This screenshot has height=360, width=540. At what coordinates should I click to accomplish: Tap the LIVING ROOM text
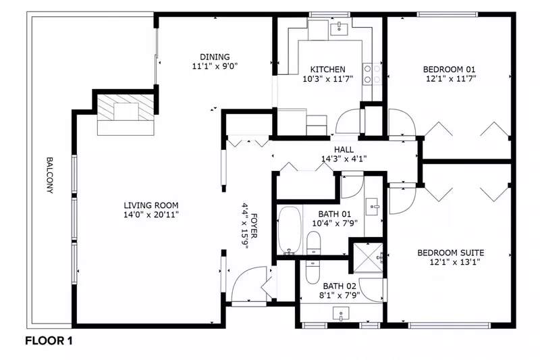[151, 205]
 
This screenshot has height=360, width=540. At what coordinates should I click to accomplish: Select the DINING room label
[215, 57]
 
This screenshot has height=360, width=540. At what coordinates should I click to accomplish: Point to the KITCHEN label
[327, 70]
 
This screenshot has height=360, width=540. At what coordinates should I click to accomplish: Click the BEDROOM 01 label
[449, 70]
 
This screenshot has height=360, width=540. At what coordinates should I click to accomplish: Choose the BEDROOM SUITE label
[450, 253]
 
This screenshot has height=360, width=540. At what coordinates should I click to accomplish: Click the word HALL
[344, 151]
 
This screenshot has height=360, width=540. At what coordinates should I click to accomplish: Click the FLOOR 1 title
[49, 341]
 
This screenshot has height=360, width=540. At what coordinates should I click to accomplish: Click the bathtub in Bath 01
[290, 231]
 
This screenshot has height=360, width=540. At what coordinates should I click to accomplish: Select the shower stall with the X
[366, 256]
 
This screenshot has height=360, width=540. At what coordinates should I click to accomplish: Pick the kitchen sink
[337, 28]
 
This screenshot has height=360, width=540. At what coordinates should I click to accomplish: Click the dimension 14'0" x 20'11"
[151, 215]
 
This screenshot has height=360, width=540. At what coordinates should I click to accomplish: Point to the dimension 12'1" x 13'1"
[450, 262]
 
